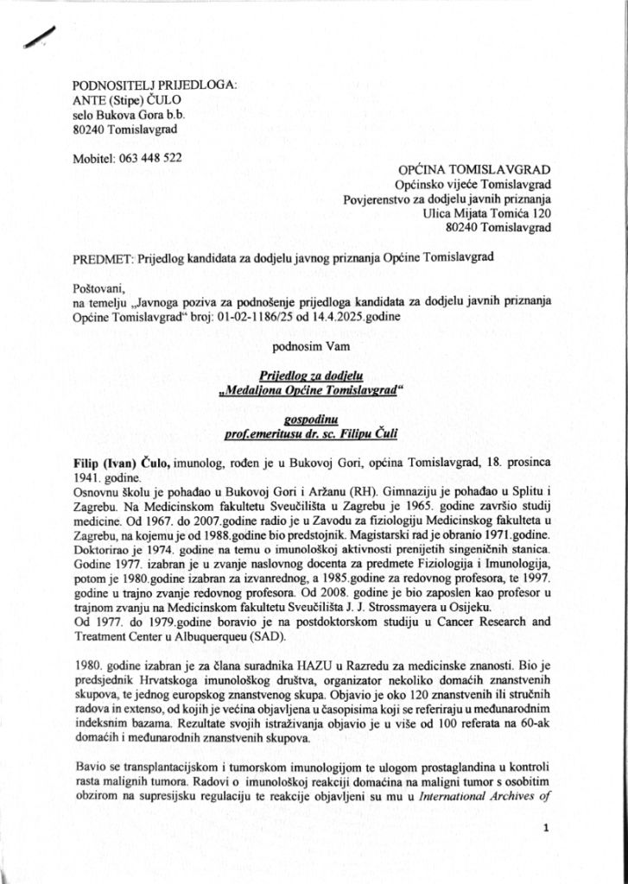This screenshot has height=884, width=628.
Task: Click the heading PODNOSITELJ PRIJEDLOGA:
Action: [154, 85]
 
